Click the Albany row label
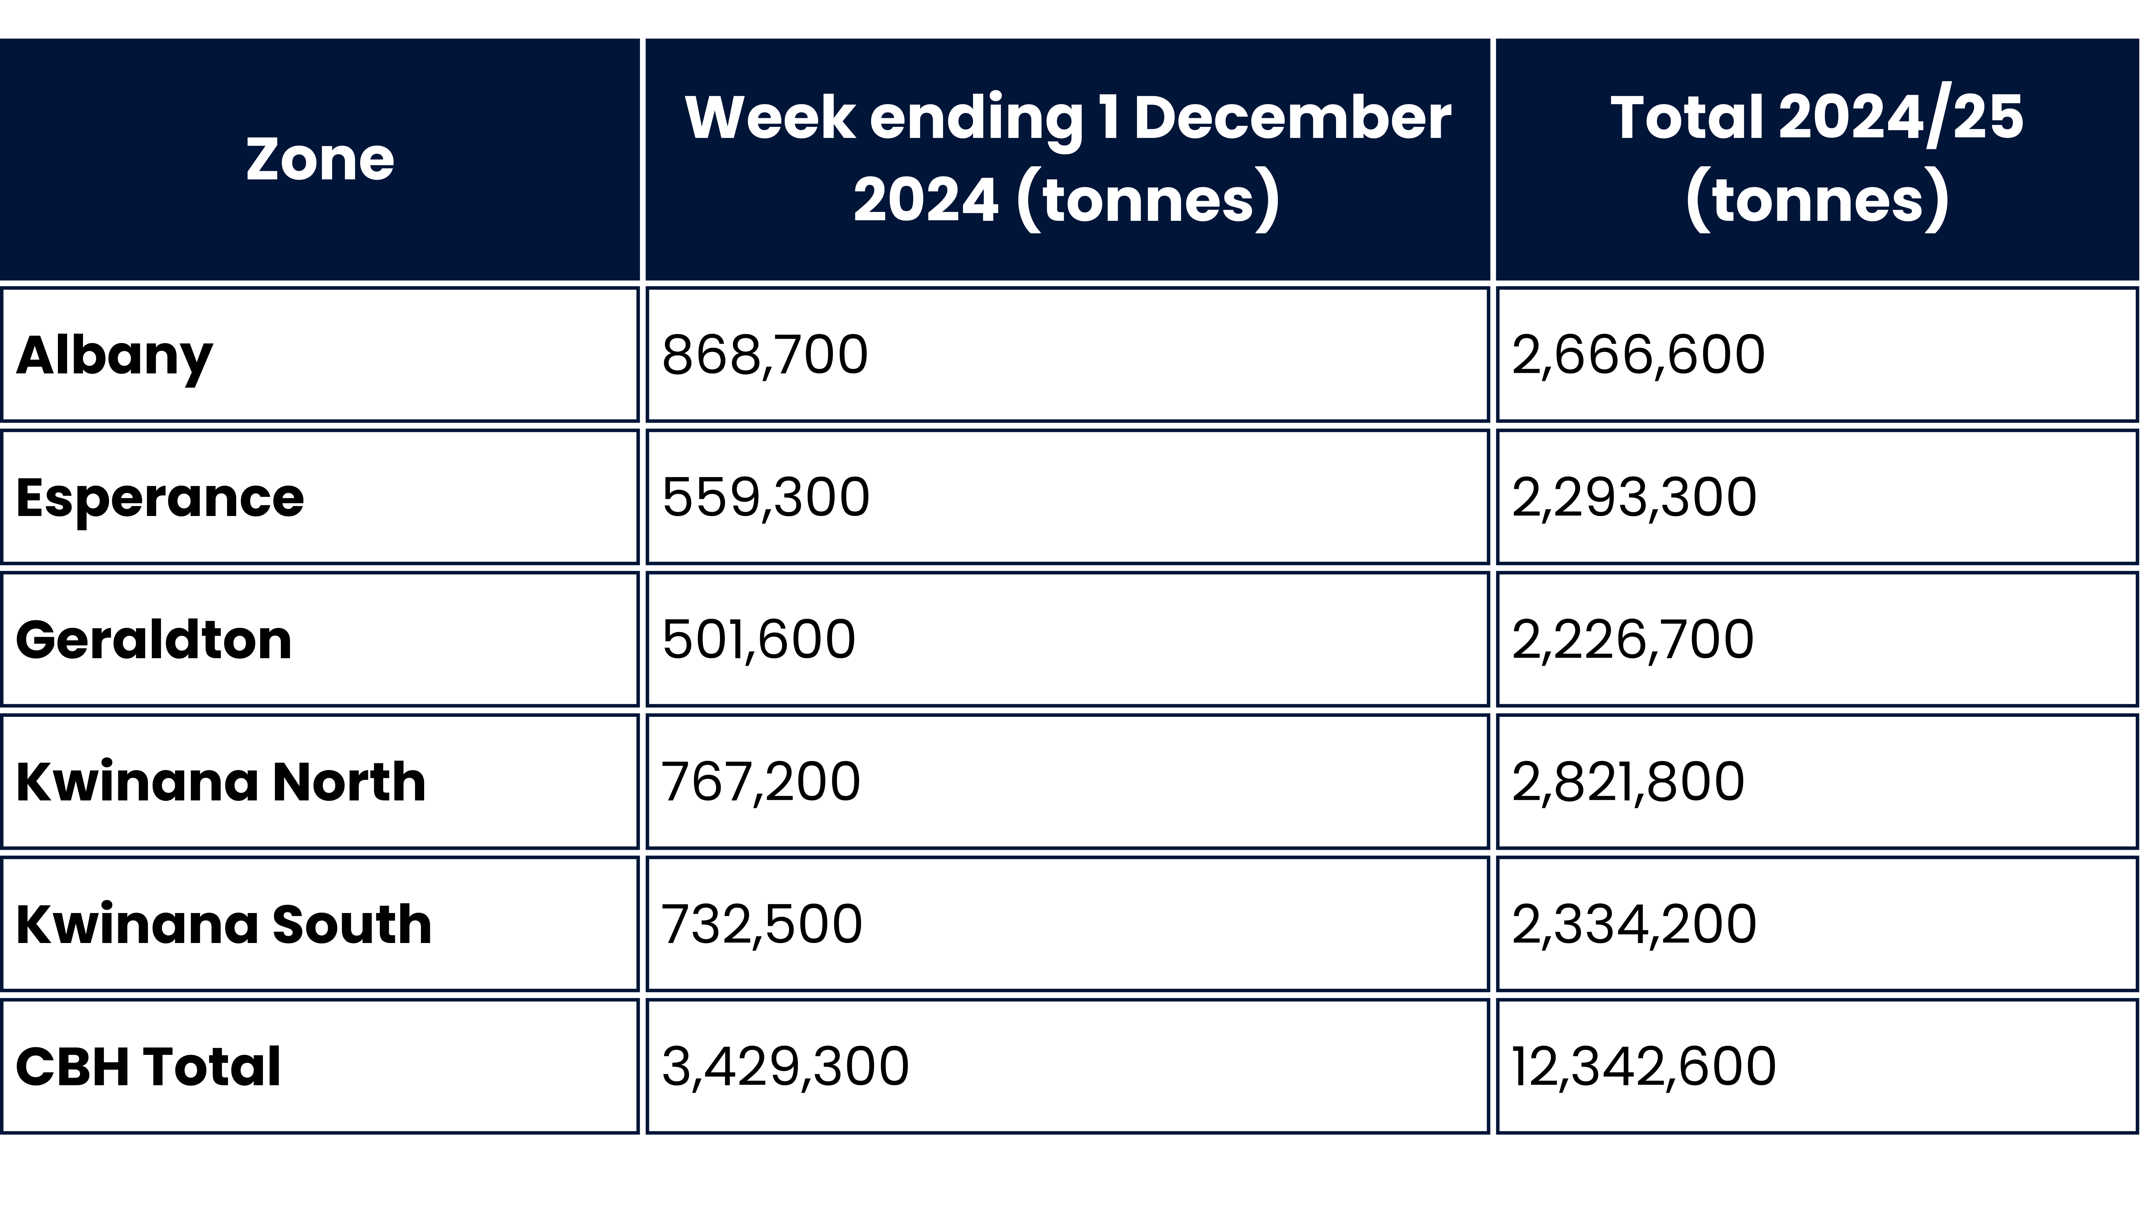[x=115, y=356]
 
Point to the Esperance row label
[x=160, y=498]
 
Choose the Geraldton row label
[x=154, y=640]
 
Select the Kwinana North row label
[x=220, y=782]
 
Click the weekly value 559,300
[x=766, y=498]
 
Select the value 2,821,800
[x=1628, y=782]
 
